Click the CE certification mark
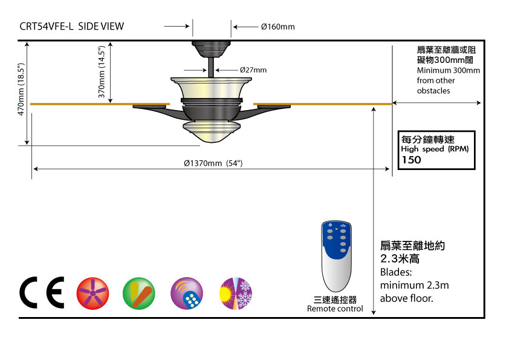42,293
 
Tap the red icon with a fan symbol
92,294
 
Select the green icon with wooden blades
139,294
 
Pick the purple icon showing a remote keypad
187,294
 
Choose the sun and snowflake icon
235,294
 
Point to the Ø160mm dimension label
277,27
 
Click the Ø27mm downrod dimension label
253,70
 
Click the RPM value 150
412,160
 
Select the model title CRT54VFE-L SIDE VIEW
72,26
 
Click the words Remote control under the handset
335,309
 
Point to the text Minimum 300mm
448,70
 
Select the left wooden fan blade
100,104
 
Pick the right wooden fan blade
323,104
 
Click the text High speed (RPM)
435,149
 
